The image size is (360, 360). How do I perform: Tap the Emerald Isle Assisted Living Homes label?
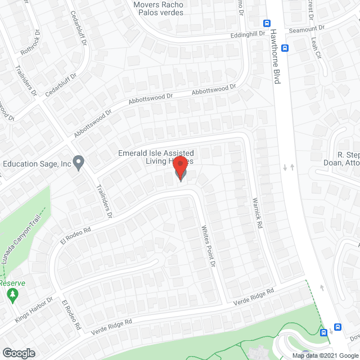[156, 157]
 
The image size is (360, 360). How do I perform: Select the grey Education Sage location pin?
[79, 163]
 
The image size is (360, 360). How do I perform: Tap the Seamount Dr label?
[307, 28]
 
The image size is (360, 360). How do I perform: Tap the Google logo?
[18, 353]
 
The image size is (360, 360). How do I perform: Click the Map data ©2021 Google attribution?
[325, 355]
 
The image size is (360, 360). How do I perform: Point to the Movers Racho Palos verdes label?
[158, 8]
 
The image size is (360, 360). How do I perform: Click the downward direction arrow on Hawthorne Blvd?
[285, 167]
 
